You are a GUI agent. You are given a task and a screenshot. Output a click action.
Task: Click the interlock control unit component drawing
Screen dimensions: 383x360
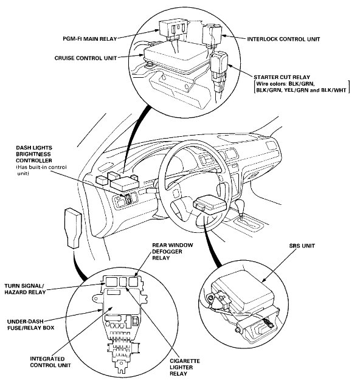pyautogui.click(x=213, y=33)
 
